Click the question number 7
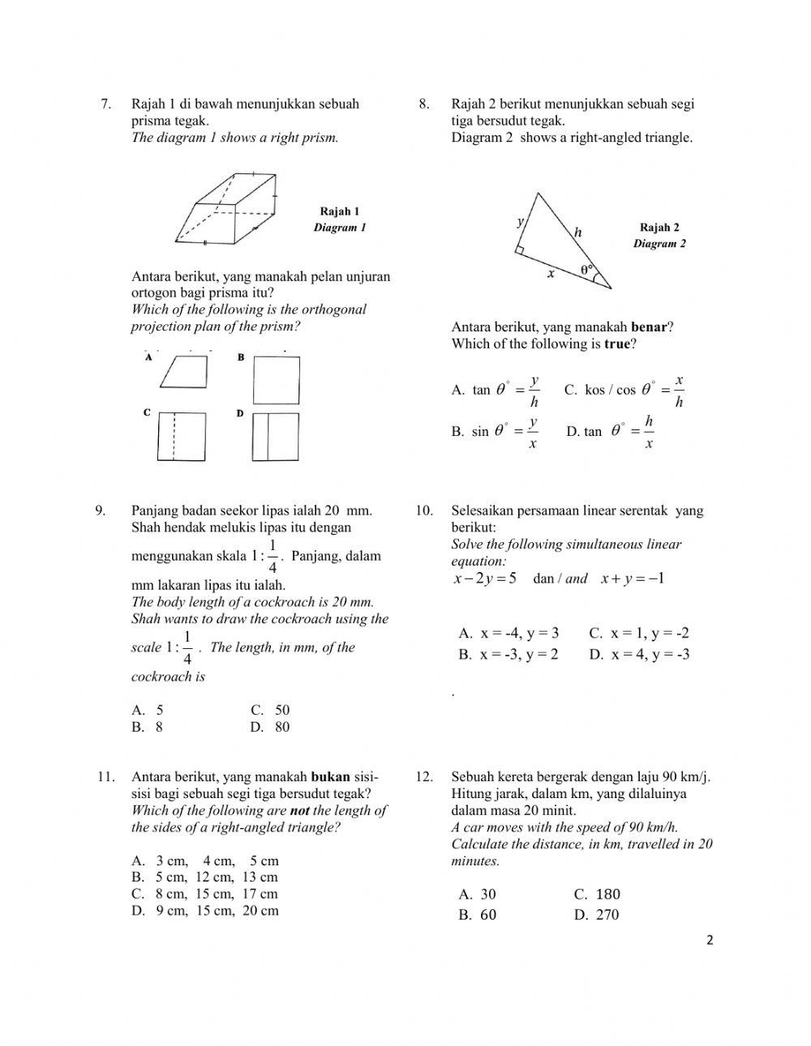(105, 104)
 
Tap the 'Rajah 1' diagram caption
(340, 211)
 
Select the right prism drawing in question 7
(226, 208)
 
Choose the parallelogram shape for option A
(184, 373)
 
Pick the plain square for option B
(276, 380)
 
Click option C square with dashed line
(182, 436)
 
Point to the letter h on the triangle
(578, 233)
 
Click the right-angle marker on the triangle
(519, 250)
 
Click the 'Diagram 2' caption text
(659, 244)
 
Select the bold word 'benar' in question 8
(649, 327)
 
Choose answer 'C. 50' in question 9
(270, 710)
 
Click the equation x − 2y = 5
(485, 579)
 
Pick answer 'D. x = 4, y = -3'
(639, 655)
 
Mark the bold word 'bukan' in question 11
(330, 777)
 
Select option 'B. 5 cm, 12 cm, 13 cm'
(205, 877)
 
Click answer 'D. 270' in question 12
(596, 915)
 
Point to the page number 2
(710, 941)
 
